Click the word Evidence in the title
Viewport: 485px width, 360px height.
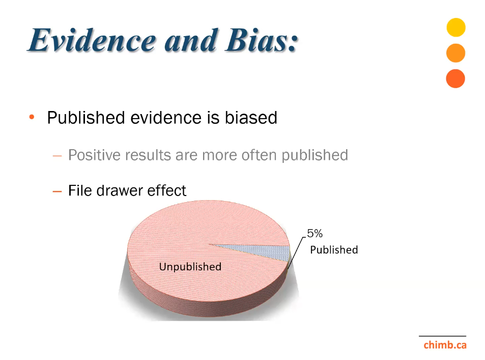pos(93,40)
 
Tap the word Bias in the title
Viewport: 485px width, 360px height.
pos(262,40)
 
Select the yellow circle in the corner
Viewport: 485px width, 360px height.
pos(456,27)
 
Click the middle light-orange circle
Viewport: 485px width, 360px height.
pos(455,53)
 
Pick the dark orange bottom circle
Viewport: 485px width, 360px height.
pos(455,78)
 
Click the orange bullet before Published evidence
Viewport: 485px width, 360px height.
pos(32,117)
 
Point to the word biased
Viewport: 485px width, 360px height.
pos(251,118)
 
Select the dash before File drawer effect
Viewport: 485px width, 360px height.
pos(57,191)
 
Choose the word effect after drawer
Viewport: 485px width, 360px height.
pos(167,190)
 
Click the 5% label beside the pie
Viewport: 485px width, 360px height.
pos(315,233)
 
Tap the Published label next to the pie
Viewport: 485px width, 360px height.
pos(334,250)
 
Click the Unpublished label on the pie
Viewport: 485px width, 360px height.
pos(190,266)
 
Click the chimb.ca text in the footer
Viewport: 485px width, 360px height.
pos(445,345)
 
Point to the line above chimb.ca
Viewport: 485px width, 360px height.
pos(443,336)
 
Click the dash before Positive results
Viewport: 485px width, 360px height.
pos(57,156)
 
